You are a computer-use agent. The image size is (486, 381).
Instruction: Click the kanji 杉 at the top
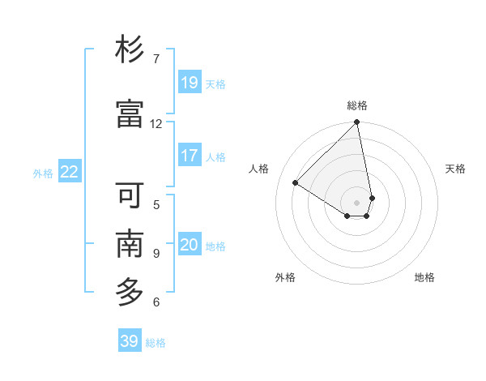[x=130, y=51]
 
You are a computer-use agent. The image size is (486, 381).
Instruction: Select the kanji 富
[x=130, y=114]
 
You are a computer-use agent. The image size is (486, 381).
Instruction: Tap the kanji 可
[x=130, y=195]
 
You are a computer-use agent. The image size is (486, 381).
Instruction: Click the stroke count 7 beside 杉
[x=156, y=58]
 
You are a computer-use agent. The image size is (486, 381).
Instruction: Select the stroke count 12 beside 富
[x=156, y=123]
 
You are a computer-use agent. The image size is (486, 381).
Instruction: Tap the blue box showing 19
[x=190, y=82]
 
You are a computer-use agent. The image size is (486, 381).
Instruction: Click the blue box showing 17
[x=190, y=155]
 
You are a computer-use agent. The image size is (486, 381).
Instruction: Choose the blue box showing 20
[x=190, y=244]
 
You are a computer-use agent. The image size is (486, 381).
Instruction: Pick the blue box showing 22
[x=70, y=171]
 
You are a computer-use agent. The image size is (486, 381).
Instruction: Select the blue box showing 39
[x=129, y=341]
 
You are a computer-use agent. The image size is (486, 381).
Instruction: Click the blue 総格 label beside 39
[x=156, y=343]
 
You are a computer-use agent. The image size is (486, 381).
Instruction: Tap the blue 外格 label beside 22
[x=43, y=173]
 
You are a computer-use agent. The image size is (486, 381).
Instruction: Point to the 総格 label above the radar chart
[x=357, y=105]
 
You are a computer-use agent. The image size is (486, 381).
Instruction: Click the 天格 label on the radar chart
[x=456, y=169]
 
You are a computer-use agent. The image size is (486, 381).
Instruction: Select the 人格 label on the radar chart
[x=259, y=169]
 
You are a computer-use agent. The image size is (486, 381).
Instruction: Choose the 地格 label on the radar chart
[x=424, y=277]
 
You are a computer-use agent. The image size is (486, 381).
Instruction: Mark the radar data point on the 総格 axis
[x=357, y=123]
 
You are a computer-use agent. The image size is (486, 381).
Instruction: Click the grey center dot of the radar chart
[x=357, y=202]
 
